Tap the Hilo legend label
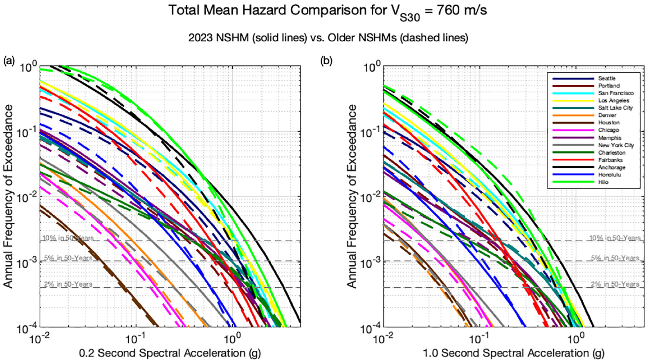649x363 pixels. (603, 182)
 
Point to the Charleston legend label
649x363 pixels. (612, 153)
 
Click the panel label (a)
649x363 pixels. (9, 61)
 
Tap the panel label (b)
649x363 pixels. (326, 61)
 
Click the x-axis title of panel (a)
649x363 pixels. (170, 353)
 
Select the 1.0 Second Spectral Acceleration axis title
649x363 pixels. (514, 353)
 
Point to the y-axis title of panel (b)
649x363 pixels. (351, 196)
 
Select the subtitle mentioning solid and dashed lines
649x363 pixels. (328, 38)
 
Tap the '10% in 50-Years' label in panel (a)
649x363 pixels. (68, 238)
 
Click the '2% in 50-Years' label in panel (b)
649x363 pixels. (615, 284)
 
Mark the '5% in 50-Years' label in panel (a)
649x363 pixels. (68, 258)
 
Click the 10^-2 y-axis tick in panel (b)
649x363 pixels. (371, 198)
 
